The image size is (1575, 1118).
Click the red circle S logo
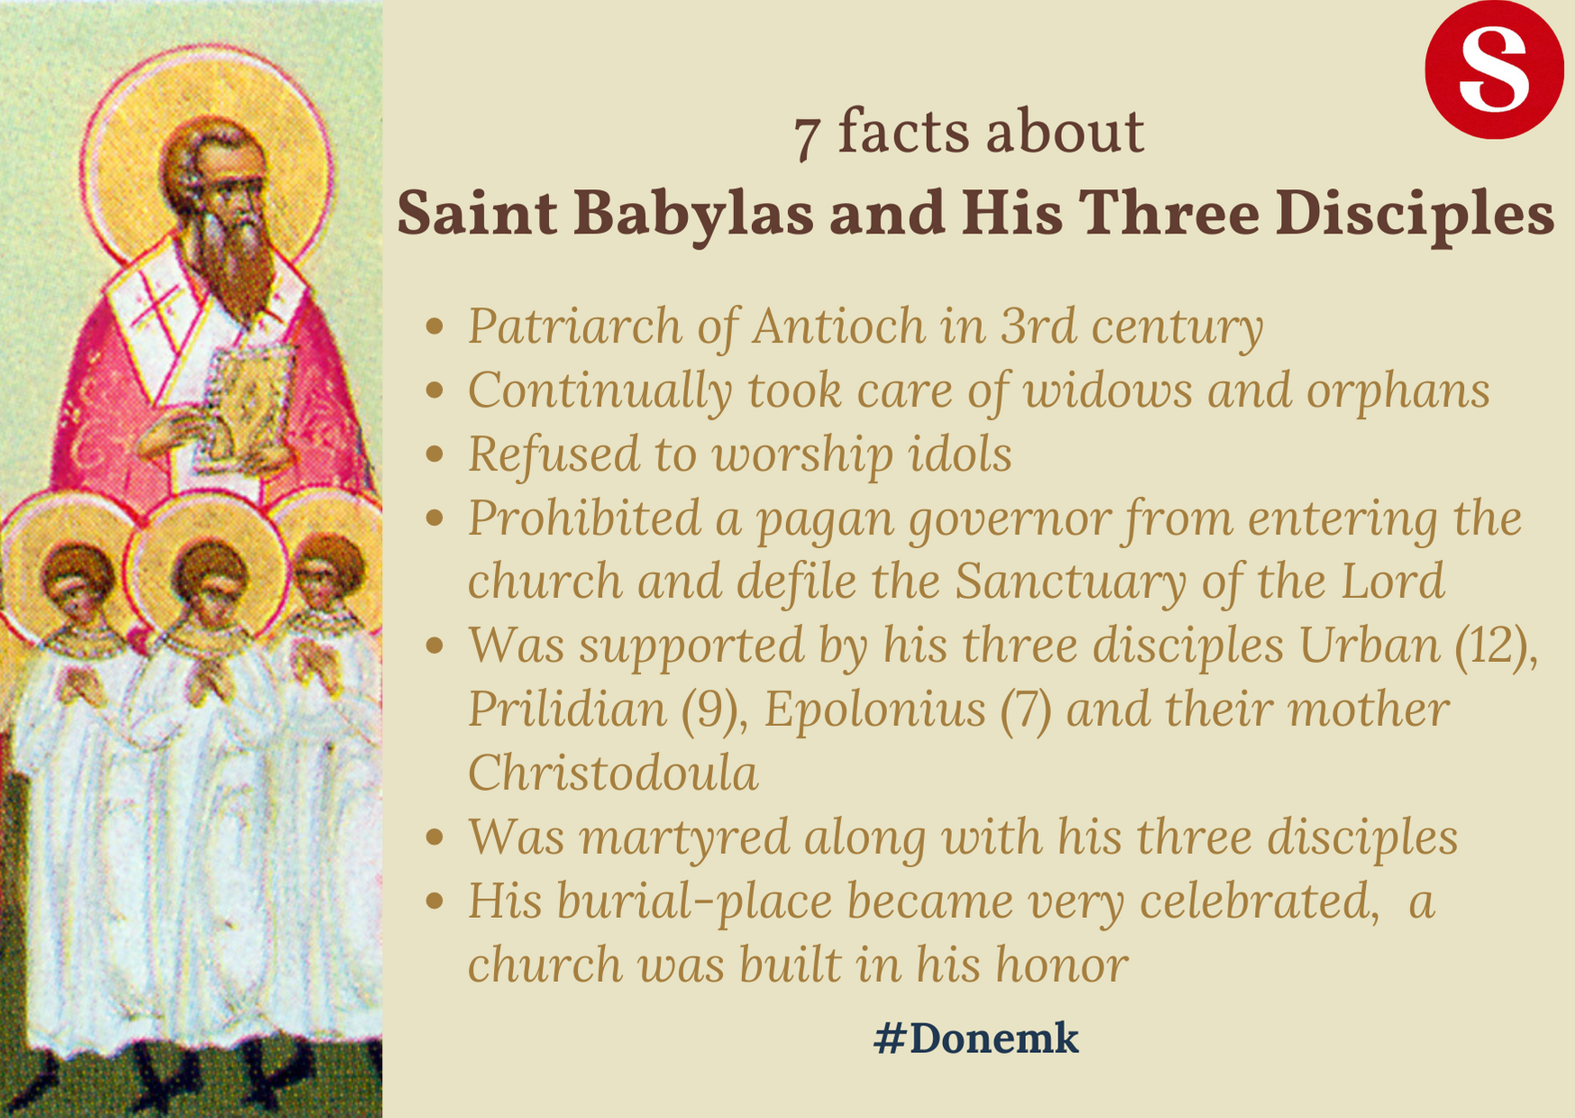[x=1494, y=69]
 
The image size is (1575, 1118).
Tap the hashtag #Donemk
[x=975, y=1039]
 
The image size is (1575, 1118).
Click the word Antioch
[x=838, y=326]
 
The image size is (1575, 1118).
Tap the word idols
[x=960, y=454]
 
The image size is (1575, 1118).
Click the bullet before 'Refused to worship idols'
[x=435, y=454]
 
